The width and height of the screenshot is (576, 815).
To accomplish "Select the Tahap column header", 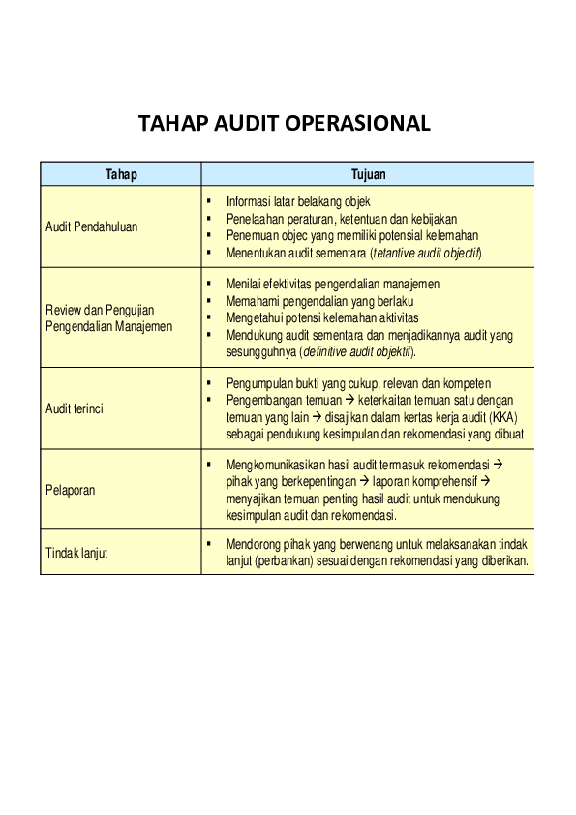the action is click(x=121, y=175).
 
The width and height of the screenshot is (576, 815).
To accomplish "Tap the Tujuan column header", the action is click(x=368, y=175).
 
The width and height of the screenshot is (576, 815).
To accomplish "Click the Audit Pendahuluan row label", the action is click(x=92, y=227).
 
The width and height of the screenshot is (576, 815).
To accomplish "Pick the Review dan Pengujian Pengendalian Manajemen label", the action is click(x=109, y=317).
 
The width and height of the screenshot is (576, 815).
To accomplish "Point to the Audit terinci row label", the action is click(x=75, y=408).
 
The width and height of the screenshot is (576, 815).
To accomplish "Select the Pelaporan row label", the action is click(x=71, y=490).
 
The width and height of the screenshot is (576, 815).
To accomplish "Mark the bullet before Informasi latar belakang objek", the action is click(x=209, y=200).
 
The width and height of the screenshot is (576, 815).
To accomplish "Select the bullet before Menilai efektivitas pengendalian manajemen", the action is click(x=209, y=284).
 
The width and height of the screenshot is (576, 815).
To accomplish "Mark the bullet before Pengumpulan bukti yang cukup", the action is click(x=209, y=383).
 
